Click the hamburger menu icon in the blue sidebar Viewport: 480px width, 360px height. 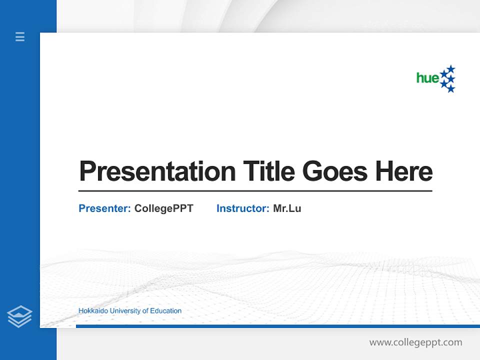coord(20,36)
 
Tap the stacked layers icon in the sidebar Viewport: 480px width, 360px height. coord(19,316)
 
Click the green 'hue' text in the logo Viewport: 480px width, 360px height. coord(427,78)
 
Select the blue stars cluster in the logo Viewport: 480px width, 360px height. coord(448,79)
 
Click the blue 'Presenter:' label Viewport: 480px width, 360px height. coord(104,208)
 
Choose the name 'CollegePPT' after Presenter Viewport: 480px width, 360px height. coord(163,208)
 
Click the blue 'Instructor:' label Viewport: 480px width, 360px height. coord(242,208)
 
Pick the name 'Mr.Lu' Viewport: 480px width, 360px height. coord(287,208)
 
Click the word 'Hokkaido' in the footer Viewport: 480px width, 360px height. coord(93,311)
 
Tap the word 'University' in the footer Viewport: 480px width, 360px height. coord(125,311)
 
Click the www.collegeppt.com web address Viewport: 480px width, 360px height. coord(415,342)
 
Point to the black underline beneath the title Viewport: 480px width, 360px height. coord(255,191)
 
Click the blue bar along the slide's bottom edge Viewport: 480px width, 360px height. coord(277,326)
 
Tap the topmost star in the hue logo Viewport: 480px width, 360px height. coord(451,68)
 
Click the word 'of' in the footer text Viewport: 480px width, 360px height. coord(145,311)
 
